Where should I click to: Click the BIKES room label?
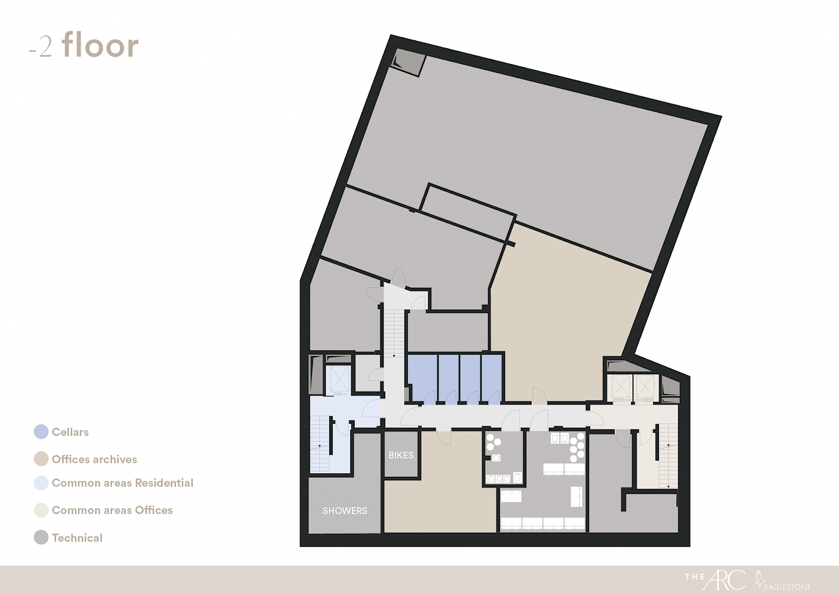(401, 455)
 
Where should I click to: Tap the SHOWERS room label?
(345, 511)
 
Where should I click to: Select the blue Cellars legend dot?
(41, 432)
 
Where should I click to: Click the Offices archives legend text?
(94, 459)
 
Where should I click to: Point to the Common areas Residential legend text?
(122, 483)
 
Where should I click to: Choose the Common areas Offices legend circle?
(41, 510)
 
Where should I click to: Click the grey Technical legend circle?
(41, 537)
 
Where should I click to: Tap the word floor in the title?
(100, 45)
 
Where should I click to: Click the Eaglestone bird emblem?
(759, 578)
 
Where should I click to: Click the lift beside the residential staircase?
(339, 379)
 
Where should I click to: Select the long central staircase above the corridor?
(394, 332)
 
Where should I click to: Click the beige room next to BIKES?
(440, 484)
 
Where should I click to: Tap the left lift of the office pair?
(620, 386)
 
